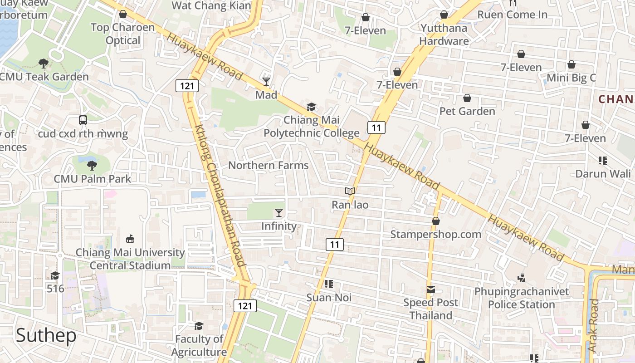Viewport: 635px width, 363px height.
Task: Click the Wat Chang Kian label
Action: (x=211, y=6)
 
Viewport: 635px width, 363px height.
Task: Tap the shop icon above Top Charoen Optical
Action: (x=122, y=14)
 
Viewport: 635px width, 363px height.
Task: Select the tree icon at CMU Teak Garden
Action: (x=44, y=63)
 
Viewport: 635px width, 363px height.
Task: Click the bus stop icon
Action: (x=83, y=120)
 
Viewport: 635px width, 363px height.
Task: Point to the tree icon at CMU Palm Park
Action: (x=92, y=165)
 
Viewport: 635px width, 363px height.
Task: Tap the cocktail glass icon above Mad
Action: (x=266, y=82)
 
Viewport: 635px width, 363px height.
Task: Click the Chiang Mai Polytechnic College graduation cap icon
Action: (x=311, y=107)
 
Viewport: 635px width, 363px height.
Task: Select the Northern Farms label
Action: (x=268, y=165)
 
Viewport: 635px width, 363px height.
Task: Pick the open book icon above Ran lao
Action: (x=350, y=191)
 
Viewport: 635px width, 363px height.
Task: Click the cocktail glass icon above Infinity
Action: (x=279, y=212)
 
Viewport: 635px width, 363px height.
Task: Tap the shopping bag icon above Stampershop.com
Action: (x=435, y=221)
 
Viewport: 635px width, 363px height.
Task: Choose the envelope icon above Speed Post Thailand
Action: (x=430, y=289)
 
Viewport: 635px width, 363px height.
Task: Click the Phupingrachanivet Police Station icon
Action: (x=522, y=278)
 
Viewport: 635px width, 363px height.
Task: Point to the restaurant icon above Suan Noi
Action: (x=329, y=285)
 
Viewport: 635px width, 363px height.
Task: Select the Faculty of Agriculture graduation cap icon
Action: (x=199, y=326)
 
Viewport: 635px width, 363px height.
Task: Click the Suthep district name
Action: (x=46, y=336)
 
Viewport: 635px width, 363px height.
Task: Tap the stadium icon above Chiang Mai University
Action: (x=130, y=239)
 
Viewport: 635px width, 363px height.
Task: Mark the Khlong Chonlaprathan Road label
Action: (x=220, y=196)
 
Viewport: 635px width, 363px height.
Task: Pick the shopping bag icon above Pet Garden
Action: (x=467, y=98)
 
